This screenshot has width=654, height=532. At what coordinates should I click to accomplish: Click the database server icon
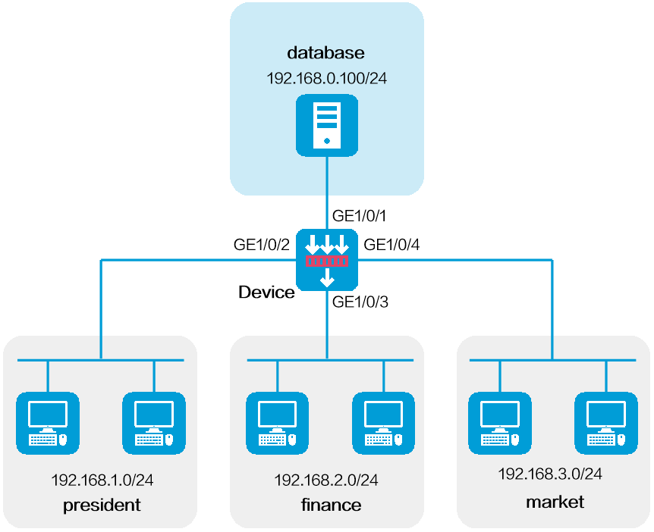(x=327, y=125)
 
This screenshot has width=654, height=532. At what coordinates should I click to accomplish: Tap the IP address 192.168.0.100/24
(x=326, y=78)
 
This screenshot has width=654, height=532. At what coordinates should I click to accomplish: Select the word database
(x=325, y=53)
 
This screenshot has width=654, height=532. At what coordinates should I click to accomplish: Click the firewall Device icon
(x=327, y=260)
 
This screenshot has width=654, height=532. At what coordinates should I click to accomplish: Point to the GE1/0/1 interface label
(x=359, y=216)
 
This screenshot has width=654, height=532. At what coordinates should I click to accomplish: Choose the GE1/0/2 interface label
(x=262, y=245)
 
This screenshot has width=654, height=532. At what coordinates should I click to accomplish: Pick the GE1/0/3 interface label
(x=360, y=302)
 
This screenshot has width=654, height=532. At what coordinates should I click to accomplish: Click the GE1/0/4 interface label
(x=391, y=245)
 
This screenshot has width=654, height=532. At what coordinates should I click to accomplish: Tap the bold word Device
(x=266, y=292)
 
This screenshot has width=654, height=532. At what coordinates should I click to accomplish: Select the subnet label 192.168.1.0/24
(x=102, y=480)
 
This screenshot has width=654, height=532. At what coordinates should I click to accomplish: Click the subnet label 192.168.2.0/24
(x=326, y=480)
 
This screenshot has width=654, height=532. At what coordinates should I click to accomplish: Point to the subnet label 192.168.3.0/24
(x=550, y=474)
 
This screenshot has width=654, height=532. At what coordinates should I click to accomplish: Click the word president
(x=102, y=505)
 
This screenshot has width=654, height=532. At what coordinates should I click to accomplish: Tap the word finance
(x=331, y=505)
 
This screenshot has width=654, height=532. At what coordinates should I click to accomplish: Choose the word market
(x=555, y=502)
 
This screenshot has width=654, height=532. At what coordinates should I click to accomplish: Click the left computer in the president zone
(x=48, y=424)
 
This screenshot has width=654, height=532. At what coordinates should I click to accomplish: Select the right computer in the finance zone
(x=383, y=424)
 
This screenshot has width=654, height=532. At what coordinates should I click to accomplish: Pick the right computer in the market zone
(x=606, y=424)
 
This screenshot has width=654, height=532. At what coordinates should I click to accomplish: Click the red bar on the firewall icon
(x=327, y=261)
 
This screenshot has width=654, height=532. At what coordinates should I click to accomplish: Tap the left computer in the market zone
(x=500, y=424)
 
